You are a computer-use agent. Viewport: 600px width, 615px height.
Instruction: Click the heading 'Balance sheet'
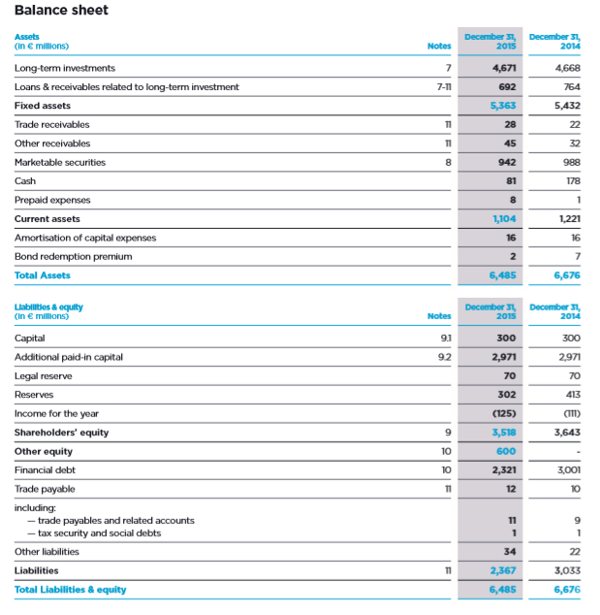click(61, 11)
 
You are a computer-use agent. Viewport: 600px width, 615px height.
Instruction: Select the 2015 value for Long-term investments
click(503, 68)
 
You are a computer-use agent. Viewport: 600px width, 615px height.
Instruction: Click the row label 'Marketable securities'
click(60, 162)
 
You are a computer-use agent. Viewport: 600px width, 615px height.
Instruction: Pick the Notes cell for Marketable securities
click(447, 162)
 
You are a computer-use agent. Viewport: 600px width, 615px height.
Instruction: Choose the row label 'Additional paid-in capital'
click(68, 357)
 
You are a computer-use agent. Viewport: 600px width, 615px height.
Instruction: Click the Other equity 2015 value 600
click(505, 451)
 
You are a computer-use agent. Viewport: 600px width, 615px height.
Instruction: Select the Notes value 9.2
click(444, 357)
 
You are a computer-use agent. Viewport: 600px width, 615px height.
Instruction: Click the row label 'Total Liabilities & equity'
click(70, 590)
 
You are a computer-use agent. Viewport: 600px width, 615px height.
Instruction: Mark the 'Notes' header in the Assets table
click(439, 45)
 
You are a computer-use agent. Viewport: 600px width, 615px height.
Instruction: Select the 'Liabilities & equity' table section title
click(48, 307)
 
